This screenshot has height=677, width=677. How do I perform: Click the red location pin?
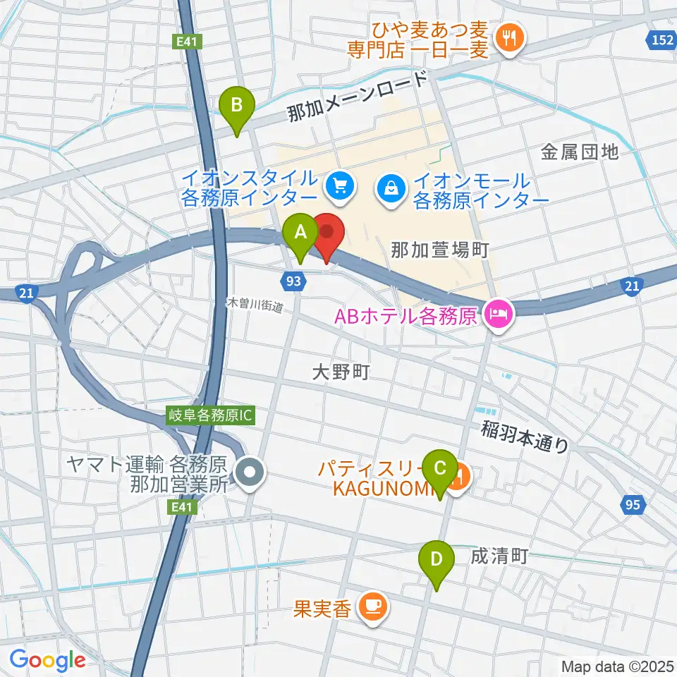327,235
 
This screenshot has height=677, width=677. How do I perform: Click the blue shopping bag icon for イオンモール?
389,188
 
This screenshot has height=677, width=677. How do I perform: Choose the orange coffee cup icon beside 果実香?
371,606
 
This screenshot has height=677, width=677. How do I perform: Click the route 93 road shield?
296,281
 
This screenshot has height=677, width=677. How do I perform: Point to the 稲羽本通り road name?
526,435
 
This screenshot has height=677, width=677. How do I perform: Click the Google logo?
47,660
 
